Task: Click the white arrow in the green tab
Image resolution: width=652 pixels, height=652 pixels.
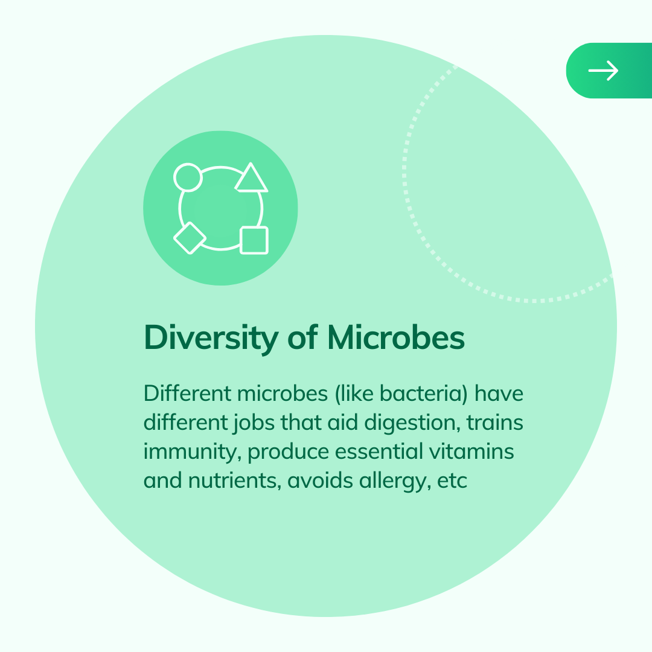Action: (603, 71)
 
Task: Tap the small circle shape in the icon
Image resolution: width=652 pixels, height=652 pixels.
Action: (188, 177)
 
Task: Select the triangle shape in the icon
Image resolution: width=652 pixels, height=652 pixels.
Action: (251, 177)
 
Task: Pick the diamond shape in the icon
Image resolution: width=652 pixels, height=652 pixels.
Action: (190, 238)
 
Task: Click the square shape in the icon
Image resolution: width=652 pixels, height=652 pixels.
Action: (254, 240)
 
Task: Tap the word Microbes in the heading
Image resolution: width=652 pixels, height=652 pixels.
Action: (396, 337)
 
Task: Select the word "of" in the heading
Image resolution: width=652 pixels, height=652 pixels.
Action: (302, 337)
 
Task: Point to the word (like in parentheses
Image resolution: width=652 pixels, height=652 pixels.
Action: (354, 394)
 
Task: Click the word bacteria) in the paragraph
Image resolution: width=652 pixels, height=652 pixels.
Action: (424, 394)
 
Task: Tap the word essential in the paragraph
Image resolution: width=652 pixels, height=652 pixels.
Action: (379, 452)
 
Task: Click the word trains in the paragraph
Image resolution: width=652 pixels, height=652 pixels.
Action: (495, 423)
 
